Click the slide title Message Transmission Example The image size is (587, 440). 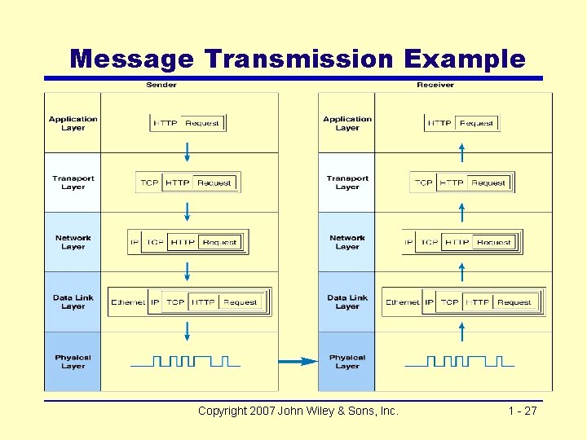tap(298, 59)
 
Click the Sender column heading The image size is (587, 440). tap(161, 85)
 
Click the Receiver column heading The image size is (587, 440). tap(435, 85)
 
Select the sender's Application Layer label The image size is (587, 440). tap(73, 123)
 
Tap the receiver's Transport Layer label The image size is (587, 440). tap(347, 183)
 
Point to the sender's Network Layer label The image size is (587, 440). tap(73, 242)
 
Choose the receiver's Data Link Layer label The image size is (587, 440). tap(347, 302)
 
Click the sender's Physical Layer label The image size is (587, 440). tap(73, 362)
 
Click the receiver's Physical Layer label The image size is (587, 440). tap(347, 362)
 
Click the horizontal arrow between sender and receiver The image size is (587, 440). tap(298, 361)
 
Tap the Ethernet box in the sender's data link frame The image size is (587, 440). tap(128, 302)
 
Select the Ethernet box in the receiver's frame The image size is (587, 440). tap(403, 302)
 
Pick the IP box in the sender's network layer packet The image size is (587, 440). tap(135, 242)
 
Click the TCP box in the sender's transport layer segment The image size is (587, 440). tap(149, 183)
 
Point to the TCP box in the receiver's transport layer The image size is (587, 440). tap(423, 183)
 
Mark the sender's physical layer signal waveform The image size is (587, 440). tap(185, 361)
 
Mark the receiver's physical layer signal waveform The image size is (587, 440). tap(459, 361)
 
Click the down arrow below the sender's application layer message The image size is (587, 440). tap(188, 152)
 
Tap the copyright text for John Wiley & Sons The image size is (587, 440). tap(298, 411)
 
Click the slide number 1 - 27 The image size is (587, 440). tap(522, 411)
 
